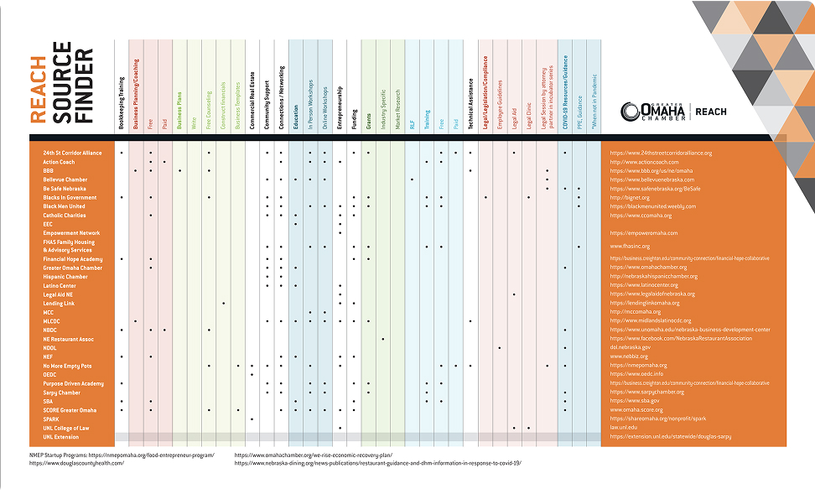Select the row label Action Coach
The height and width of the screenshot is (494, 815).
click(x=60, y=162)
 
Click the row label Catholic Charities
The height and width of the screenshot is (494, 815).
click(x=65, y=216)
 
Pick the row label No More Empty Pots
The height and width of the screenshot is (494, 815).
click(x=67, y=366)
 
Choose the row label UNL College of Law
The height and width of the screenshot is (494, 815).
click(x=65, y=428)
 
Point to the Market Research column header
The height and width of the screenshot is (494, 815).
click(x=397, y=108)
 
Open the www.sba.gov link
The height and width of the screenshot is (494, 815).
click(x=635, y=401)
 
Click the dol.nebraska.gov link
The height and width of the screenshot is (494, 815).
click(x=631, y=348)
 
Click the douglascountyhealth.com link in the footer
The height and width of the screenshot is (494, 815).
click(x=76, y=463)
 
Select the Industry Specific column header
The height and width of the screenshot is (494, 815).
click(x=383, y=109)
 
